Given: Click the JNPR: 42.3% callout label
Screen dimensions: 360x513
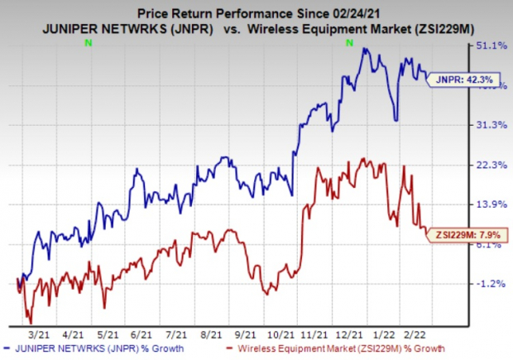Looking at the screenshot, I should (x=455, y=79).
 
